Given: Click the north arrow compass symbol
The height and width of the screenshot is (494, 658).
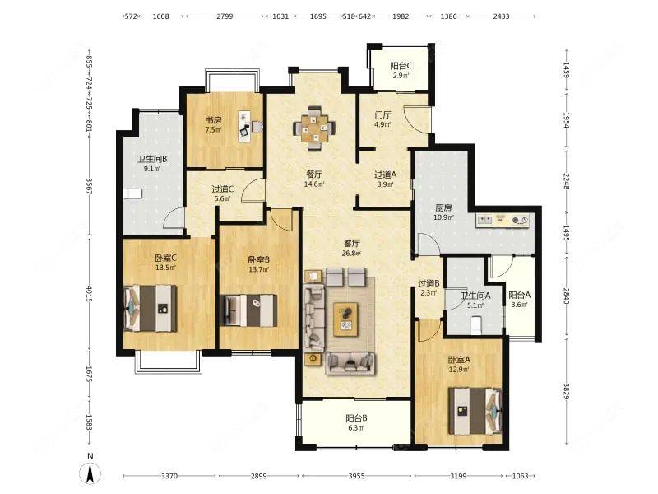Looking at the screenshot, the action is tap(90, 472).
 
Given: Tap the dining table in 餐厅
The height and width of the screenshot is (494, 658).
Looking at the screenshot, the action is tap(314, 128).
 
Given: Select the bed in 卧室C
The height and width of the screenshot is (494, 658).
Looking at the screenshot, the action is tap(151, 308).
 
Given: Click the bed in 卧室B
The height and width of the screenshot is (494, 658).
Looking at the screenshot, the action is tap(248, 310).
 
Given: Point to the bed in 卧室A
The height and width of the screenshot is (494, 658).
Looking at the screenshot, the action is tap(475, 411).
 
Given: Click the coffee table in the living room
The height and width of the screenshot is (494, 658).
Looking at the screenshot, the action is tap(345, 319).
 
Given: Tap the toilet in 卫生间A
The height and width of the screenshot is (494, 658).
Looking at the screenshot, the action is tap(475, 325).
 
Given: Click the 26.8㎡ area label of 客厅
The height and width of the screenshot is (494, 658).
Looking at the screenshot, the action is tap(352, 254).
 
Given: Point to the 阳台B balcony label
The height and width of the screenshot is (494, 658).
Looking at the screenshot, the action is tap(356, 418).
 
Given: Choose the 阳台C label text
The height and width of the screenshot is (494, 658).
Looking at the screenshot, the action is tap(401, 66).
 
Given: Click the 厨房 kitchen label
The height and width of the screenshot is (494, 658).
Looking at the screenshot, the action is tap(443, 208).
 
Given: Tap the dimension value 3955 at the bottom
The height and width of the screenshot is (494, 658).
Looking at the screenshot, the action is tap(356, 476).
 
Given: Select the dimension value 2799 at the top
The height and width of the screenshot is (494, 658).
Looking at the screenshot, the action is tap(225, 16).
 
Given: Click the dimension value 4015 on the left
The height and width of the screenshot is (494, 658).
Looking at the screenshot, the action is tap(89, 294).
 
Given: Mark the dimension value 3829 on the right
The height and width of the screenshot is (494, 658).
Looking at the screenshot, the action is tap(566, 392).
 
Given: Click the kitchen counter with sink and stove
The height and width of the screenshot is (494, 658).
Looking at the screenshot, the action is tap(502, 220).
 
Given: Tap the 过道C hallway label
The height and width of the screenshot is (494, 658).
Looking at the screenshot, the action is tap(222, 189).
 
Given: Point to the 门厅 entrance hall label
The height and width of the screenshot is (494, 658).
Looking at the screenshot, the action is tap(382, 114).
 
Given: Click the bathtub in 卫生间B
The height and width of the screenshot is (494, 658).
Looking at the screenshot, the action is tap(133, 193).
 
